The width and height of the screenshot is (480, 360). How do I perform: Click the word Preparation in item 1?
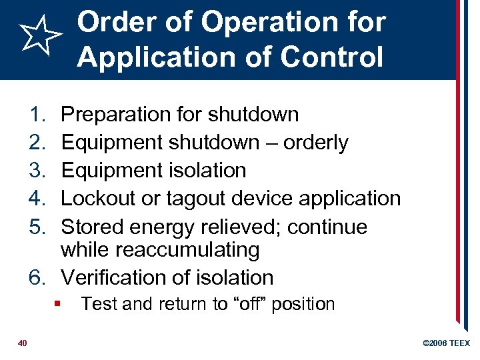pyautogui.click(x=115, y=115)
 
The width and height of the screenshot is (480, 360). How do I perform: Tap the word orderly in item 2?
pyautogui.click(x=315, y=143)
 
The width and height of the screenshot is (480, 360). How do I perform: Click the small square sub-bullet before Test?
pyautogui.click(x=59, y=304)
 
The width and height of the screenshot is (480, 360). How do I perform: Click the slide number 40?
pyautogui.click(x=22, y=343)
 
